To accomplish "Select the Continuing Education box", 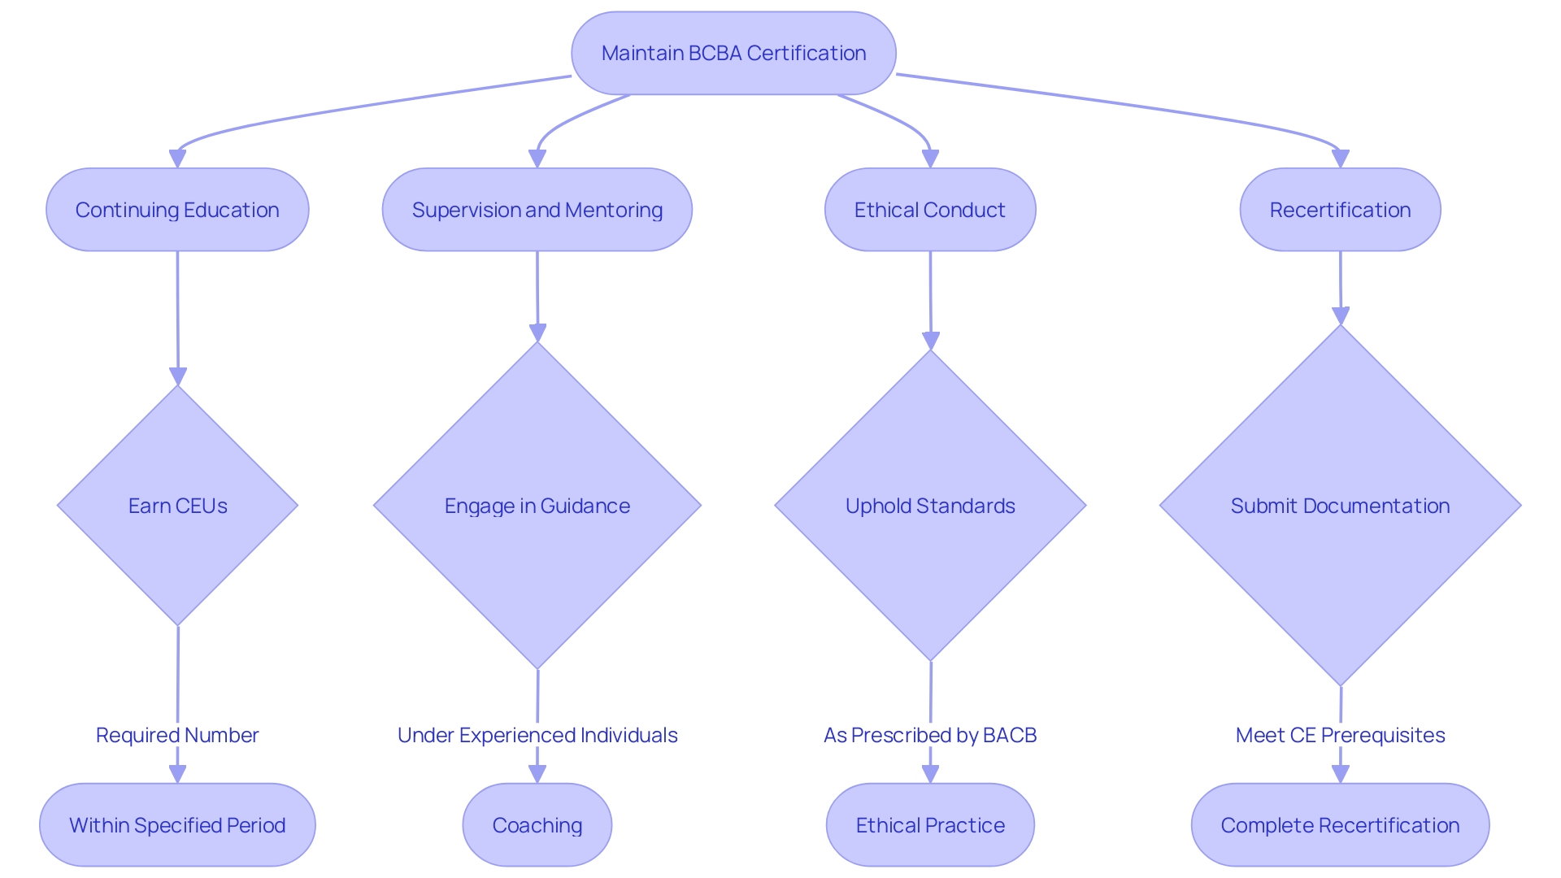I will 177,210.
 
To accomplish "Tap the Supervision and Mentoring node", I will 537,210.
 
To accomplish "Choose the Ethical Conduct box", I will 929,210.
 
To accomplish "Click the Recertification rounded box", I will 1340,210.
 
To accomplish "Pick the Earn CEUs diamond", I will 177,506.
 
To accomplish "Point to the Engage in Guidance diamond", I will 537,506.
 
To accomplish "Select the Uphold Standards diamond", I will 929,506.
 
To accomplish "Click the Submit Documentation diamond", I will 1340,506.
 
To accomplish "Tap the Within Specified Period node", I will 177,825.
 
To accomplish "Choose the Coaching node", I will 537,825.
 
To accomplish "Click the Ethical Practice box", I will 929,825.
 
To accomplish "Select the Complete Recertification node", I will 1340,825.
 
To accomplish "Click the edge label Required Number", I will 177,735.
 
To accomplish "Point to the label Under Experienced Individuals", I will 537,735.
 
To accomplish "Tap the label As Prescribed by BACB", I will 929,735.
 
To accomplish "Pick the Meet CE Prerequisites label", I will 1340,735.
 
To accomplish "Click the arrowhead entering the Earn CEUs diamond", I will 178,376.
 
